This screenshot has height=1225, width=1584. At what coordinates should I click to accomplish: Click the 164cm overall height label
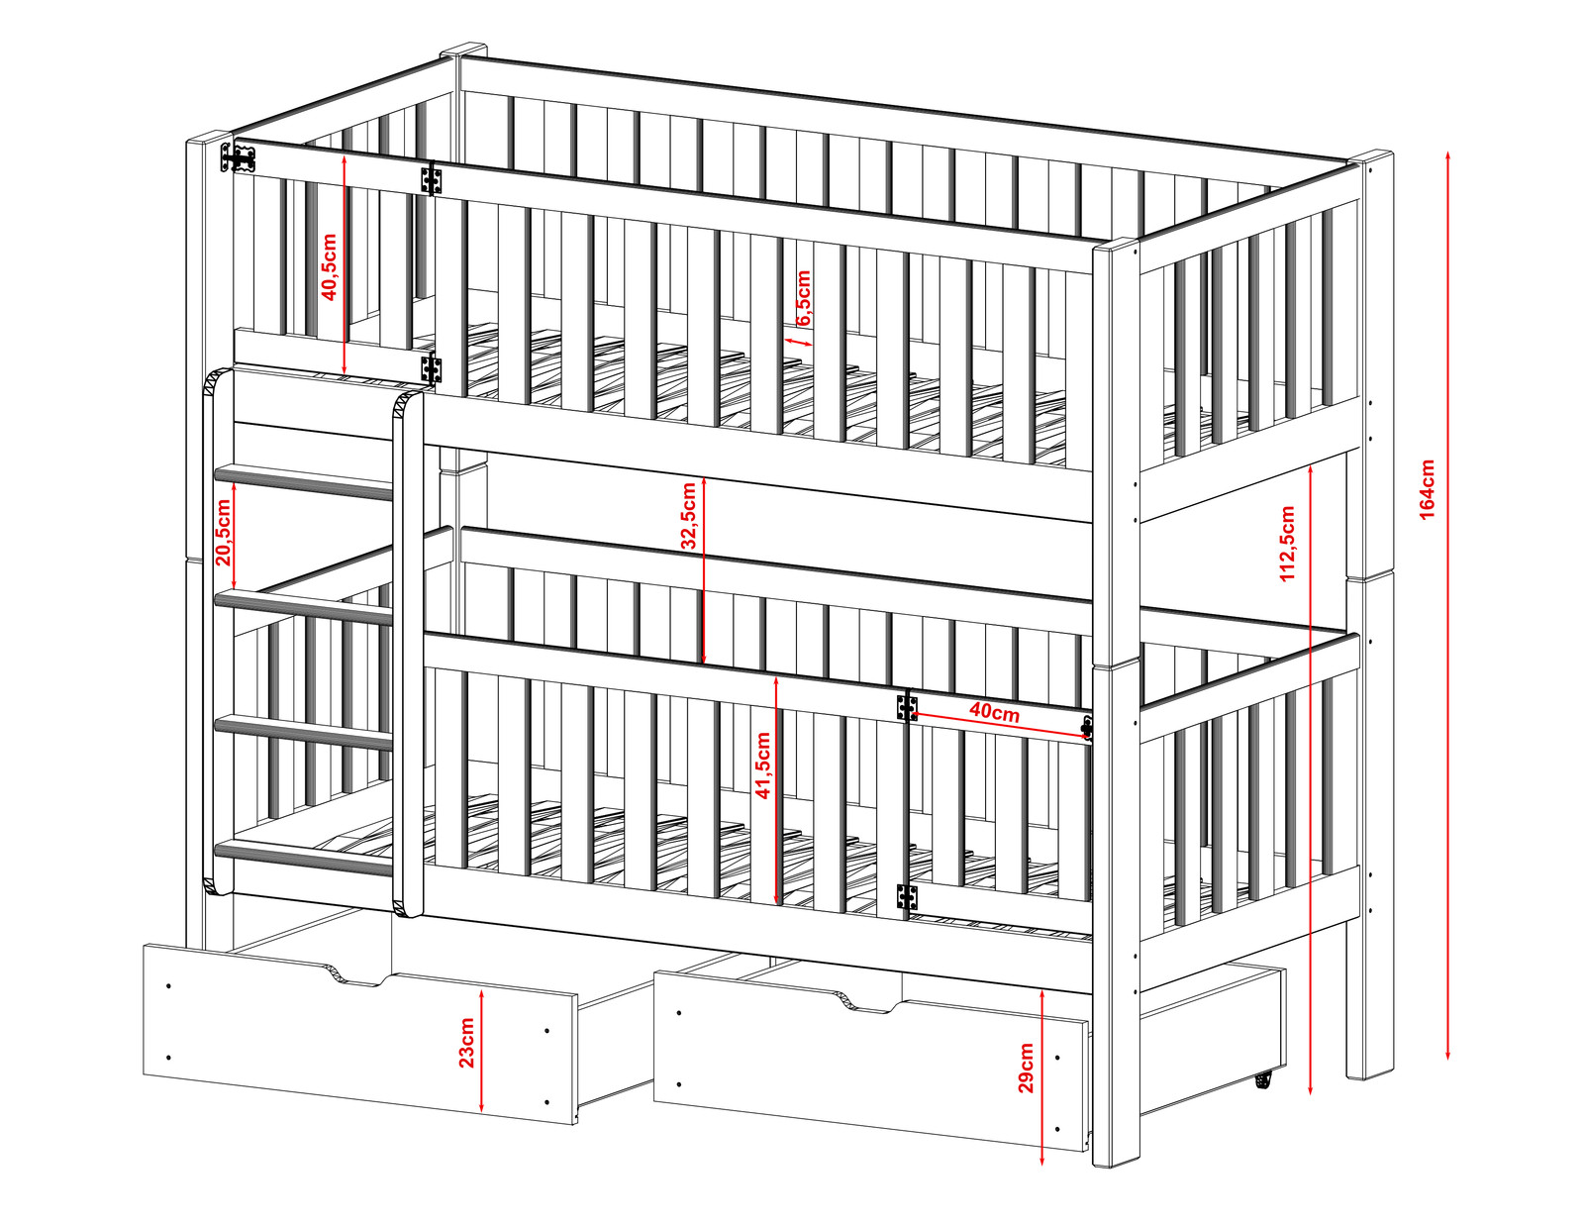pyautogui.click(x=1427, y=489)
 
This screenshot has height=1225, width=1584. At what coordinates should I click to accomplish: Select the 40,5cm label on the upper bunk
pyautogui.click(x=329, y=266)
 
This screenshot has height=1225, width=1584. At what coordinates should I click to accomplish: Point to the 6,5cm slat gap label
pyautogui.click(x=803, y=298)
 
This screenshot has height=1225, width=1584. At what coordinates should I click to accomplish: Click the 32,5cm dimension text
pyautogui.click(x=688, y=516)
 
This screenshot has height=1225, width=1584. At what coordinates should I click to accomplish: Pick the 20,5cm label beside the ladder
pyautogui.click(x=223, y=533)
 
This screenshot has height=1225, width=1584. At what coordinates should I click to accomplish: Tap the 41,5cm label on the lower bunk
pyautogui.click(x=762, y=766)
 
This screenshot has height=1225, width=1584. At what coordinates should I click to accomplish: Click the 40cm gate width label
pyautogui.click(x=994, y=712)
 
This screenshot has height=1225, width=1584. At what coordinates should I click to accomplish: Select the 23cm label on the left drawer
pyautogui.click(x=466, y=1043)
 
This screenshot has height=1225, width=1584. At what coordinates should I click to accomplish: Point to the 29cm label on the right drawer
pyautogui.click(x=1026, y=1069)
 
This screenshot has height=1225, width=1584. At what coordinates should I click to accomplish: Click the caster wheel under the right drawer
pyautogui.click(x=1264, y=1079)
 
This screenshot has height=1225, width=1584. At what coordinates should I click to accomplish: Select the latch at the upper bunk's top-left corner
pyautogui.click(x=238, y=157)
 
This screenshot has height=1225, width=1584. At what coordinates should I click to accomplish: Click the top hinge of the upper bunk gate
pyautogui.click(x=432, y=178)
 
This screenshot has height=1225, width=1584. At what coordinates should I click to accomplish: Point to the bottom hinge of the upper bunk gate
pyautogui.click(x=432, y=368)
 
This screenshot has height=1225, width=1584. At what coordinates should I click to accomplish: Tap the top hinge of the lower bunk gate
pyautogui.click(x=907, y=707)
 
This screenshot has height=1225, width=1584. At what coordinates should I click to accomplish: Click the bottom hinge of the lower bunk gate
pyautogui.click(x=906, y=897)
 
